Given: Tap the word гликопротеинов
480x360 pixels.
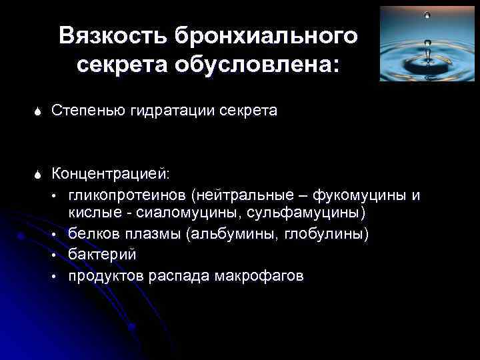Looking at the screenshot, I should click(127, 196).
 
